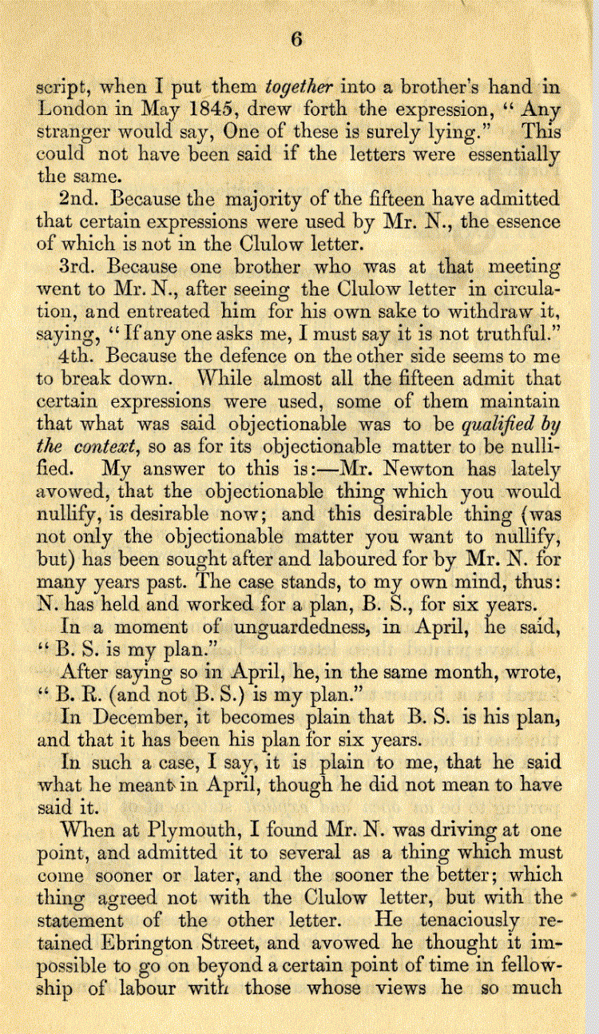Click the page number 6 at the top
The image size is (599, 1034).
click(x=296, y=42)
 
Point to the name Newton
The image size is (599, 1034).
click(x=428, y=468)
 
